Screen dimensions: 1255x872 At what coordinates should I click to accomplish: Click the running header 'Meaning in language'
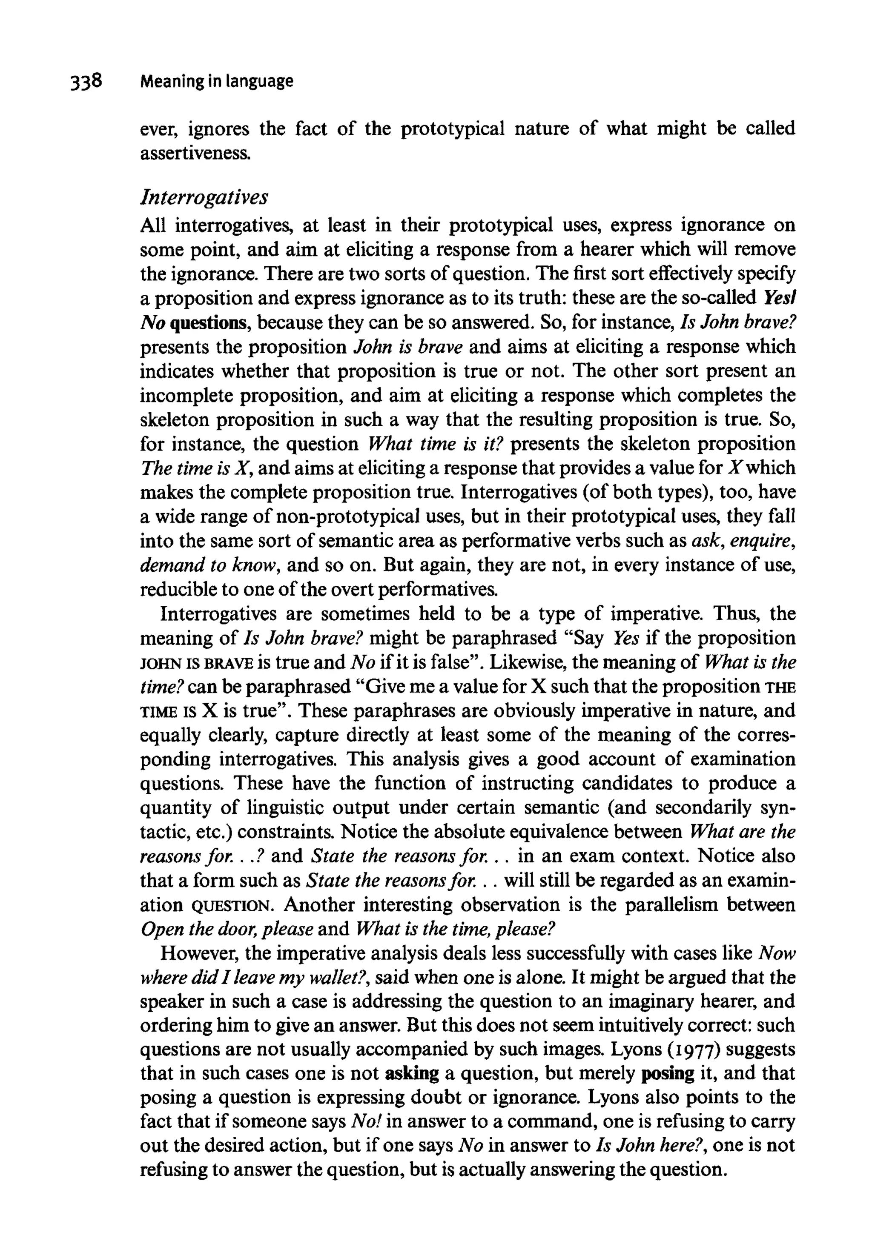pos(217,81)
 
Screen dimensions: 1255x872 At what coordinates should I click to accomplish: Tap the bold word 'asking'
pos(412,1074)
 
